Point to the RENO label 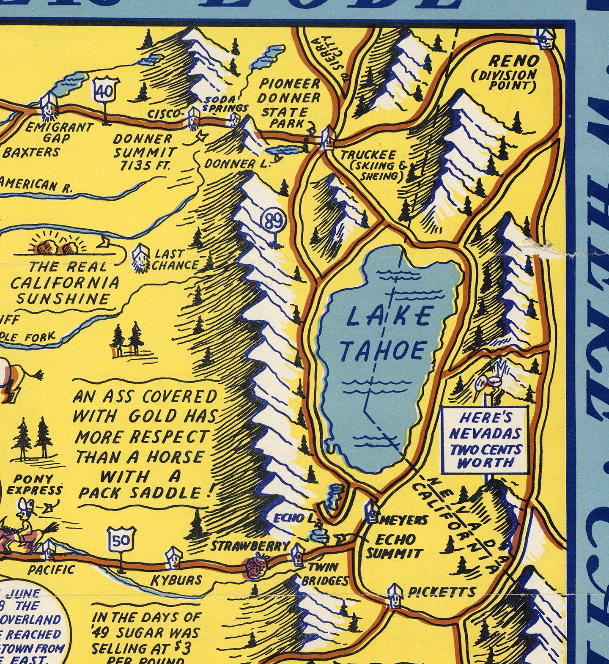(513, 62)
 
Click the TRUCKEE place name (369, 155)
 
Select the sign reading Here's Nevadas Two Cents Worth (485, 440)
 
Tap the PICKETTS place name (442, 592)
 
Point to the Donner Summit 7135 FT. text (144, 152)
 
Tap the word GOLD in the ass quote (155, 417)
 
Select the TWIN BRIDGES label (324, 574)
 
